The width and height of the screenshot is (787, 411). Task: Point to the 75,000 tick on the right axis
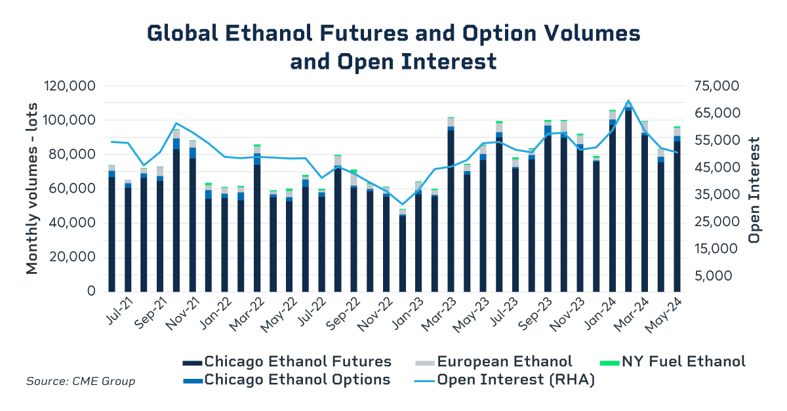716,87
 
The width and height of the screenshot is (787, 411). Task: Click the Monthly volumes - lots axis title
32,188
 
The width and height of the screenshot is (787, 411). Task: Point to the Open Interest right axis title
754,189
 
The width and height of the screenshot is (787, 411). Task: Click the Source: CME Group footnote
81,382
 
